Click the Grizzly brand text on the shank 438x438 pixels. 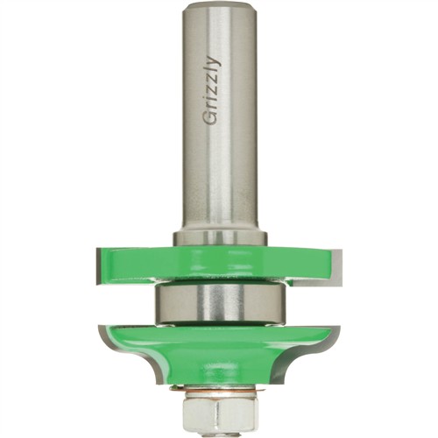coord(210,90)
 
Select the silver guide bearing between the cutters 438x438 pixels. coord(220,304)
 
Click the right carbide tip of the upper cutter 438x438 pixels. coord(336,266)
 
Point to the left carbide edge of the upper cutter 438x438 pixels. coord(99,265)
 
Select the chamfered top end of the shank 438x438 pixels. coord(220,8)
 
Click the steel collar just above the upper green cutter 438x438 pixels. coord(220,238)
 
